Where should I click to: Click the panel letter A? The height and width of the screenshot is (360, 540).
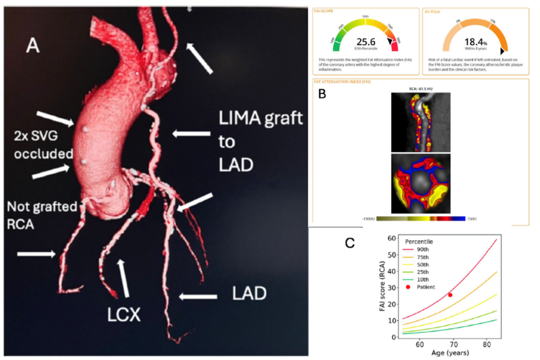click(32, 46)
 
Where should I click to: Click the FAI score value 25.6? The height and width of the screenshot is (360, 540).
click(366, 42)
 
